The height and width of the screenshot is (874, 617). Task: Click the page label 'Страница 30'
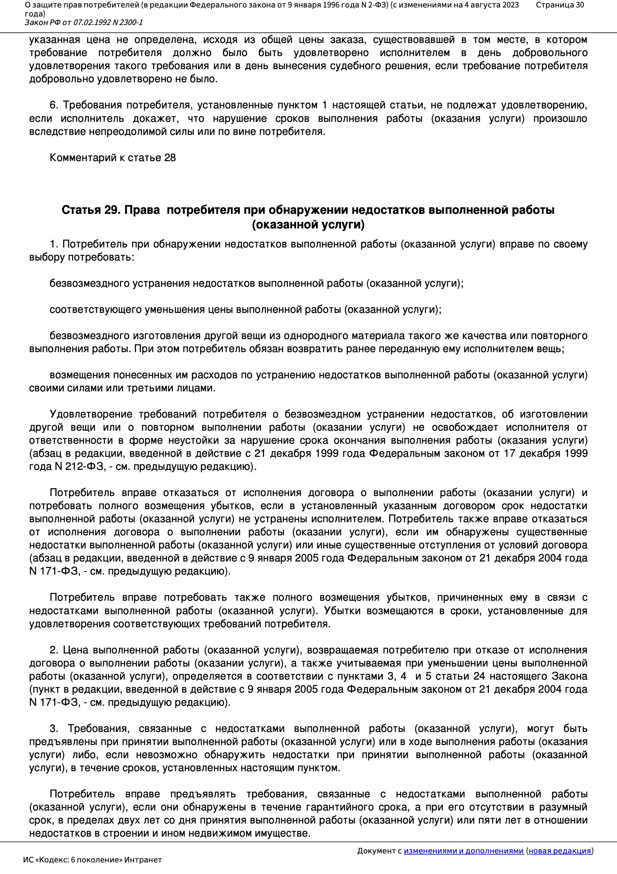point(559,5)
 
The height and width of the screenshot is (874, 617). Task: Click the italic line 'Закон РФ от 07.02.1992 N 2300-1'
point(84,22)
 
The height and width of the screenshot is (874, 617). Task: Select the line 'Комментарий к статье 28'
point(112,158)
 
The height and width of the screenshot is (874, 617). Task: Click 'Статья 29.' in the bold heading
point(91,210)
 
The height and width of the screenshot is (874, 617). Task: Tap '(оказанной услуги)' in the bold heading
point(308,225)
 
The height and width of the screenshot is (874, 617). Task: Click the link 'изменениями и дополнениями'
point(463,851)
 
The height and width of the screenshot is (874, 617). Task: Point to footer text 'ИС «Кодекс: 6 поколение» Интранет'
point(92,860)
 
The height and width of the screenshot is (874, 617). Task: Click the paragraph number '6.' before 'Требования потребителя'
point(54,105)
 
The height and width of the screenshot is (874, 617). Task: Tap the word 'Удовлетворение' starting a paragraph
point(90,414)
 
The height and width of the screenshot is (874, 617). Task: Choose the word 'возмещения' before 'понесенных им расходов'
point(80,375)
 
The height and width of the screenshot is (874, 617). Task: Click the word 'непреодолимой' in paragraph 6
point(125,132)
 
